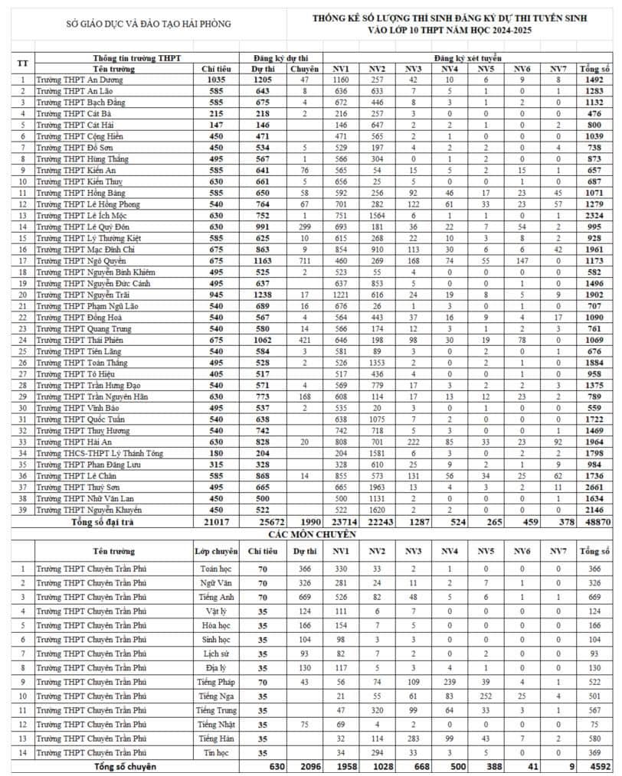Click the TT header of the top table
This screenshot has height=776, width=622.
(23, 63)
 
